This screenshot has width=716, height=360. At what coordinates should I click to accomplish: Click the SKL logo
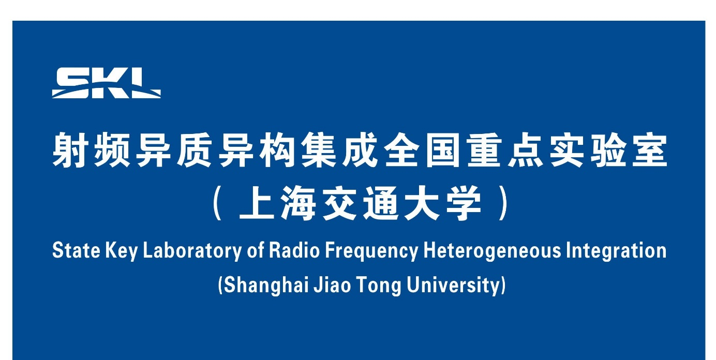click(x=106, y=83)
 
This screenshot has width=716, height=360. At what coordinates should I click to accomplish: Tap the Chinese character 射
click(x=70, y=150)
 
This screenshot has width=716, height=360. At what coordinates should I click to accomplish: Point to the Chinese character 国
click(x=442, y=150)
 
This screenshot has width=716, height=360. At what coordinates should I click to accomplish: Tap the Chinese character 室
click(x=649, y=150)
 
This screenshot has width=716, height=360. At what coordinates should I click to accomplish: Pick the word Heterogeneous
click(x=492, y=252)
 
